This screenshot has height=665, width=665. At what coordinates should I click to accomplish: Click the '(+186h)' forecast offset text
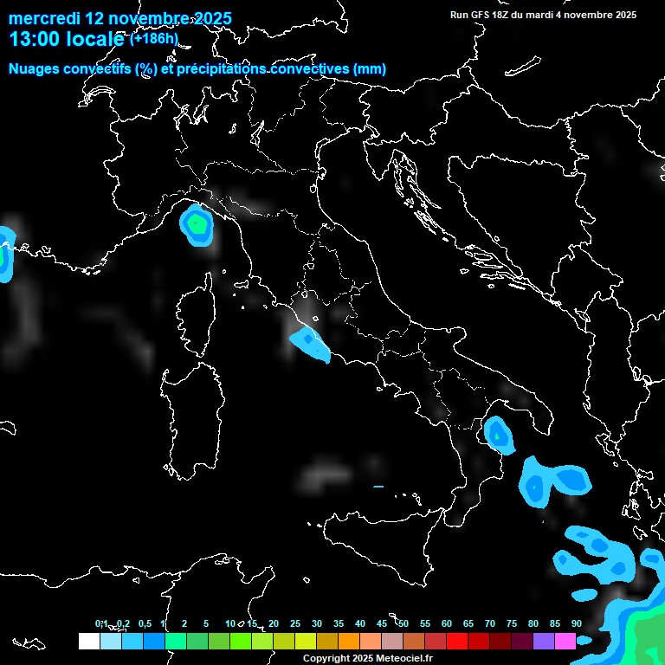coord(153,38)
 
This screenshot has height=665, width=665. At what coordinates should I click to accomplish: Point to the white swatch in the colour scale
coord(88,641)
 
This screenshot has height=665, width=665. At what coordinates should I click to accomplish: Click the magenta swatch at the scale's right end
coord(565,641)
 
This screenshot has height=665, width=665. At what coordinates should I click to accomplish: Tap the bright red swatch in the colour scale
coord(457,641)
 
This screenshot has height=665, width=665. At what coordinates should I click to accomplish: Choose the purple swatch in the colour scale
coord(544,641)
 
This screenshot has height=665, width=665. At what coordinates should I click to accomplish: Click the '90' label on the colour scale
coord(577,623)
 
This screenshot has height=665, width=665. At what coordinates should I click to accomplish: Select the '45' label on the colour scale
coord(382,623)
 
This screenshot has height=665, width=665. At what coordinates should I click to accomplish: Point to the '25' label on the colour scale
coord(295,623)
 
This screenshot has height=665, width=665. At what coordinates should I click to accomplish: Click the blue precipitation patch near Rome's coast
coord(310,344)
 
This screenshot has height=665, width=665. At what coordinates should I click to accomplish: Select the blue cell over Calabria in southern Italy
coord(498,434)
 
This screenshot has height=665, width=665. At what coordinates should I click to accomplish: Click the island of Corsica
coord(195,316)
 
